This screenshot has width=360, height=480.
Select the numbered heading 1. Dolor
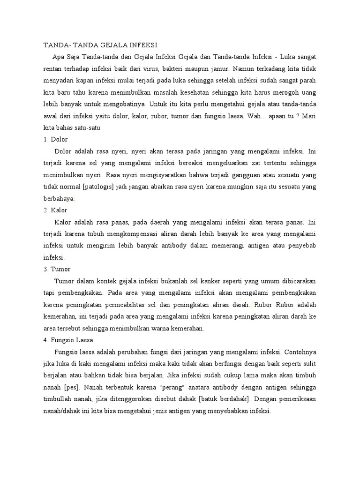pos(56,139)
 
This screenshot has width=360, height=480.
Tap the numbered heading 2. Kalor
pos(56,210)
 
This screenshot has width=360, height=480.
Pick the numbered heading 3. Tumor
pos(57,269)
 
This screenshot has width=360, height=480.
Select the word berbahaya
pos(59,198)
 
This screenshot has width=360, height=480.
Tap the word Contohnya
pos(300,352)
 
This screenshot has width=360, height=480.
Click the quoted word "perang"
pos(172,387)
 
